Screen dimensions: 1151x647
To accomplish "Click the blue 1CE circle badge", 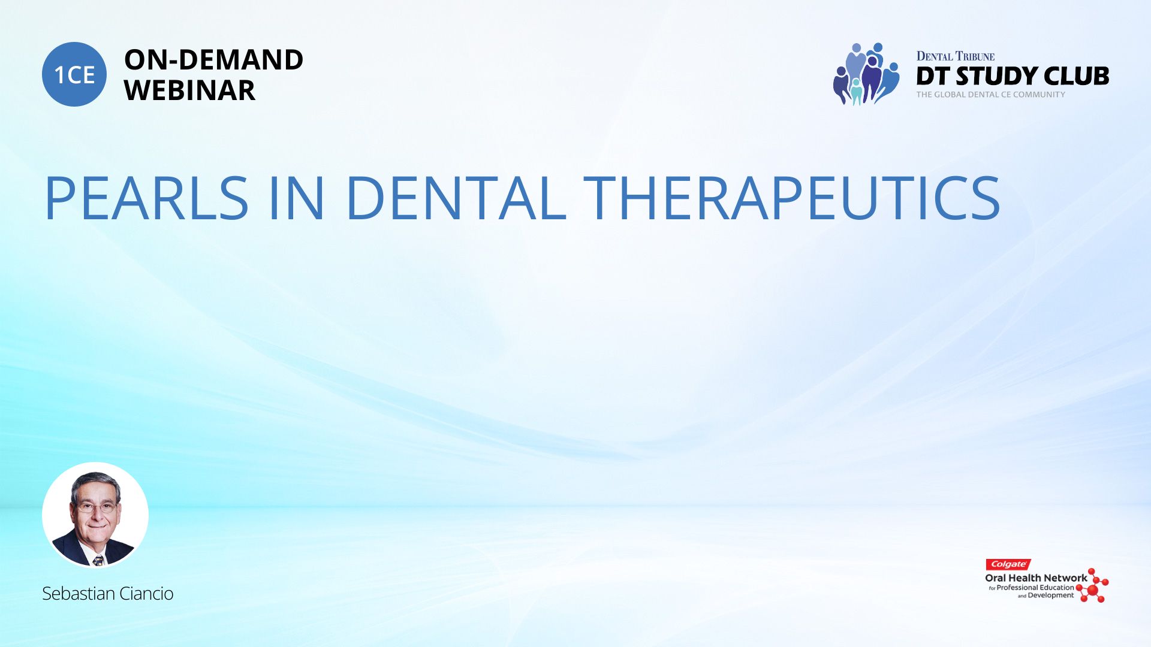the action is pyautogui.click(x=74, y=74).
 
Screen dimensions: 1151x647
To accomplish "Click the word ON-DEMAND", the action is pyautogui.click(x=213, y=60).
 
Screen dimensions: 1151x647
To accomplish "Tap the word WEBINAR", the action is pyautogui.click(x=189, y=90).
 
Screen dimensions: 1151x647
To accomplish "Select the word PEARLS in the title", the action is pyautogui.click(x=146, y=198).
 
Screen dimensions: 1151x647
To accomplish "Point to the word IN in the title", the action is pyautogui.click(x=297, y=198).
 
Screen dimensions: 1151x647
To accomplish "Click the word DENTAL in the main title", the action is pyautogui.click(x=455, y=198).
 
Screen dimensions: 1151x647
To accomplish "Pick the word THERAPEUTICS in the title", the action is pyautogui.click(x=791, y=198).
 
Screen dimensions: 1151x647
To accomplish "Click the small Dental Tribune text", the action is pyautogui.click(x=955, y=56).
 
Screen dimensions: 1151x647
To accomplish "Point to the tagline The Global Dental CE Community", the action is pyautogui.click(x=990, y=95).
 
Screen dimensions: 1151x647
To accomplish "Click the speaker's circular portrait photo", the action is pyautogui.click(x=95, y=515).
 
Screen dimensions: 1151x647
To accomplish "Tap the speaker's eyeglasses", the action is pyautogui.click(x=96, y=507).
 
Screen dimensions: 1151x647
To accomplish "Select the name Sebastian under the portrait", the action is pyautogui.click(x=79, y=593).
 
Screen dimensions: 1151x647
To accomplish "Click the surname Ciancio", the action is pyautogui.click(x=146, y=593).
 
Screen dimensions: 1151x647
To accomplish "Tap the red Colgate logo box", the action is pyautogui.click(x=1008, y=564).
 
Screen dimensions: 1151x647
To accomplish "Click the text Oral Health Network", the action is pyautogui.click(x=1036, y=578).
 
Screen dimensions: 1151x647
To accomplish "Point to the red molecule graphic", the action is pyautogui.click(x=1093, y=586).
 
